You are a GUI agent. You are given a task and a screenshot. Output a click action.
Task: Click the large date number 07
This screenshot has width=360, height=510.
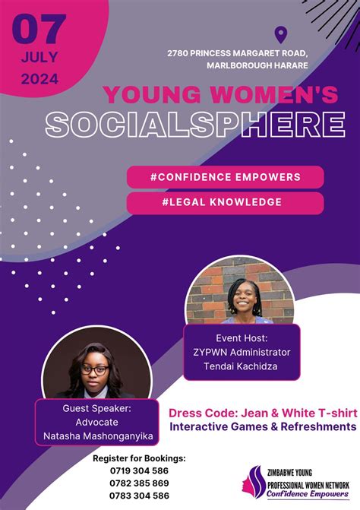click(39, 30)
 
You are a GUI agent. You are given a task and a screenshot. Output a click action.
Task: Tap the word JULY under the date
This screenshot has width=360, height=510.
click(39, 57)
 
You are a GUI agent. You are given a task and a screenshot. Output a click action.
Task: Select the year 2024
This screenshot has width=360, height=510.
click(39, 78)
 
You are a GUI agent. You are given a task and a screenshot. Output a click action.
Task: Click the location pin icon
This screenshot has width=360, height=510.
click(281, 34)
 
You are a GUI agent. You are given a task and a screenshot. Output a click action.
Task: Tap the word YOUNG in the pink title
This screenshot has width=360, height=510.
click(147, 95)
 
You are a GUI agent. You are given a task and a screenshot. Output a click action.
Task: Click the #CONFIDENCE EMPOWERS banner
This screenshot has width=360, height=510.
click(225, 176)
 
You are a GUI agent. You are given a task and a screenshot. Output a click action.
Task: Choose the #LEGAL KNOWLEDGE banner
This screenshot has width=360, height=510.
click(225, 202)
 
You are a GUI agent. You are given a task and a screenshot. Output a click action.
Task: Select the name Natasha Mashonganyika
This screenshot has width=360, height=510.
click(94, 437)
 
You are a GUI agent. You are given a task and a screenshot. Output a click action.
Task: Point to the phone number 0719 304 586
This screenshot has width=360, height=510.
click(139, 470)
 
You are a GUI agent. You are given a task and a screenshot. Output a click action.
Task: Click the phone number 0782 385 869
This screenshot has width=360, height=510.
click(139, 483)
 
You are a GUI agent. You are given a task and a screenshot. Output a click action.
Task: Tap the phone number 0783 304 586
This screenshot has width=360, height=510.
click(139, 495)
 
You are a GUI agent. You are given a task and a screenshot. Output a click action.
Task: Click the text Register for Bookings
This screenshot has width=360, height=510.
click(139, 458)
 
